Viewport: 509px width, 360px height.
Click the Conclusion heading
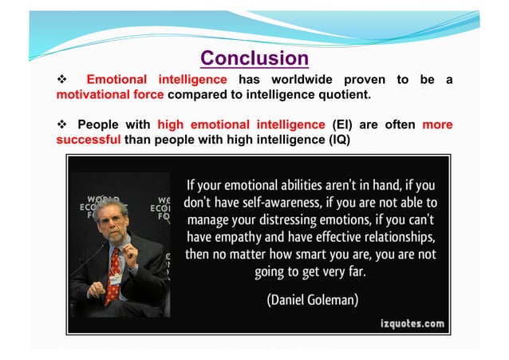tap(254, 58)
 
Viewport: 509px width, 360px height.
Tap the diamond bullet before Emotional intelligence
tap(61, 80)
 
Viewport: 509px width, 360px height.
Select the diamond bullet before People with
tap(61, 125)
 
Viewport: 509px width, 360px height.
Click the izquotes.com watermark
tap(412, 323)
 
